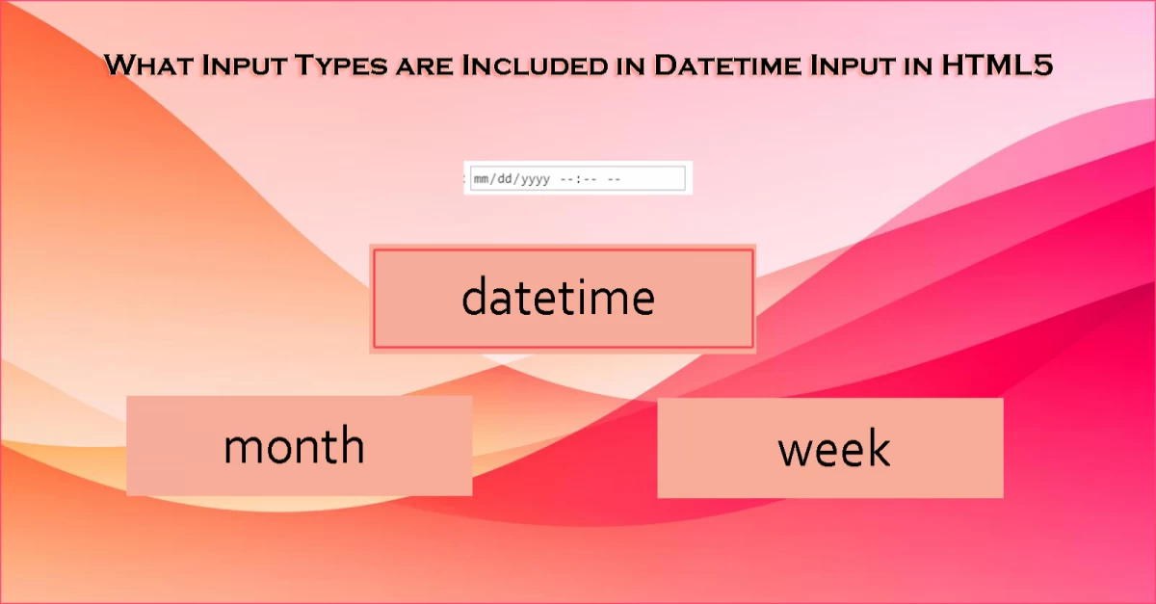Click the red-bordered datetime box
coord(562,298)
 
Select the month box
coord(299,446)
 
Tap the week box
coord(829,448)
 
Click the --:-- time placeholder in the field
coord(578,179)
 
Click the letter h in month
coord(353,445)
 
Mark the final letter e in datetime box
coord(642,299)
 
